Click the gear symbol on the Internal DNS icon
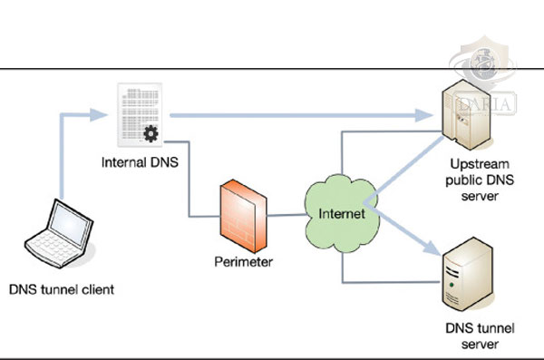[151, 135]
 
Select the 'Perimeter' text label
[242, 262]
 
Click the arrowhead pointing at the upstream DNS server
[425, 115]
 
